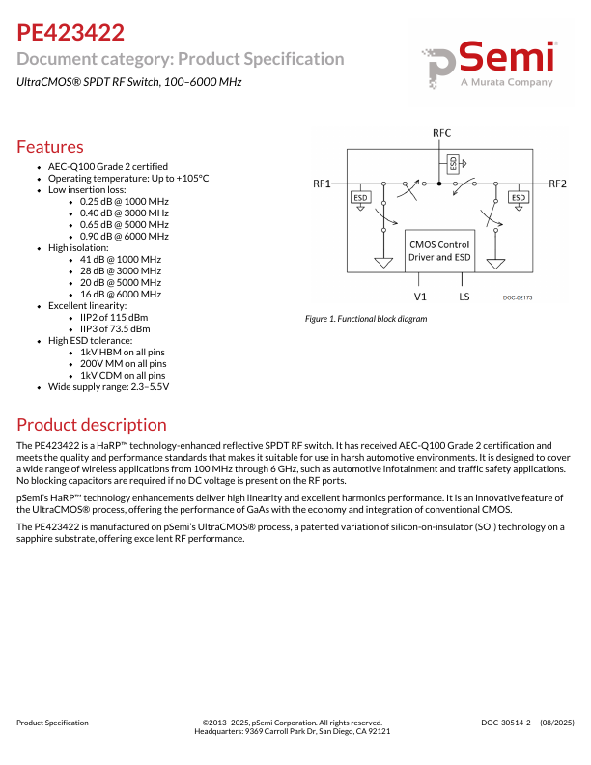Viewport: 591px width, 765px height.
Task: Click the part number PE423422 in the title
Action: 70,33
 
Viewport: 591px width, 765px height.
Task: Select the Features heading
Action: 50,147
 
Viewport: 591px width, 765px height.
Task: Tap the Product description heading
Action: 92,425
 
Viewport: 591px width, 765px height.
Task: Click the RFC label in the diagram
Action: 441,132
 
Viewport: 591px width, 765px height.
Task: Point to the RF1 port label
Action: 323,184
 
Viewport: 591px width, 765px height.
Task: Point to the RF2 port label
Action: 557,184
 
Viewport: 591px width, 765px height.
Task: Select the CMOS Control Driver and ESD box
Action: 439,251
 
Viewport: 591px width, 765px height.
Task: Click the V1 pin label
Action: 420,297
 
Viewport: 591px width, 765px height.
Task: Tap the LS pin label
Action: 465,297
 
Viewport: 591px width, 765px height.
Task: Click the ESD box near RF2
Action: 519,198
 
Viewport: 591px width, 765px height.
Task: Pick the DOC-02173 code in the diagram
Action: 518,297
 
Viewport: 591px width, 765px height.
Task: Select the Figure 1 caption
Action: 365,318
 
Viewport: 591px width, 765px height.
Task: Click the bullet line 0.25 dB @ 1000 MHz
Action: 125,201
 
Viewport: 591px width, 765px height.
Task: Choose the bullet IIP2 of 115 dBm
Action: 114,317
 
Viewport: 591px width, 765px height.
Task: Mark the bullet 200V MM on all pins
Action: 123,363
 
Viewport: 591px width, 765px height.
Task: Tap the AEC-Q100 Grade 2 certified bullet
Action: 108,166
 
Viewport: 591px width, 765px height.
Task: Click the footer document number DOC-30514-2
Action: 527,722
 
